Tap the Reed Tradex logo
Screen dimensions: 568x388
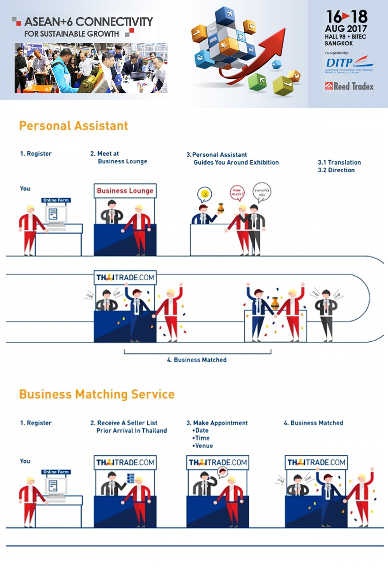click(x=349, y=87)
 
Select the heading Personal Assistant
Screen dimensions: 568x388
click(x=73, y=126)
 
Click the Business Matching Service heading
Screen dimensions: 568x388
click(x=97, y=394)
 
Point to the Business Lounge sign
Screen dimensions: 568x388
click(x=125, y=191)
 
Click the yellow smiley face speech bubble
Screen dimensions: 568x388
click(x=205, y=194)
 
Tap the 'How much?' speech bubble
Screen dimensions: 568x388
click(x=237, y=192)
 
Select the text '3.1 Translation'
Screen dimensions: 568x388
click(x=339, y=162)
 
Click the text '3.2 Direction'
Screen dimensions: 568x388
click(x=336, y=170)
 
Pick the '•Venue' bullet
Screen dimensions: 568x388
click(x=203, y=446)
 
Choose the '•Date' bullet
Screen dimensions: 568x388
click(x=201, y=430)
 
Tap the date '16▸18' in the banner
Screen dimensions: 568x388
click(x=347, y=17)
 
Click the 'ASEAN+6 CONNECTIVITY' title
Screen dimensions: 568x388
click(x=89, y=22)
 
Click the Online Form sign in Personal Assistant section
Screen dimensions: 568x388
click(x=56, y=200)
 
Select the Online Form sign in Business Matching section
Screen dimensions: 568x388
click(x=56, y=472)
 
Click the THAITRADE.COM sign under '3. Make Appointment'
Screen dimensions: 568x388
click(x=218, y=462)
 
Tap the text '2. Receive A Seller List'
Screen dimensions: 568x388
click(x=124, y=423)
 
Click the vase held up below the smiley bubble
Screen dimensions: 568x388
click(x=221, y=208)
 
